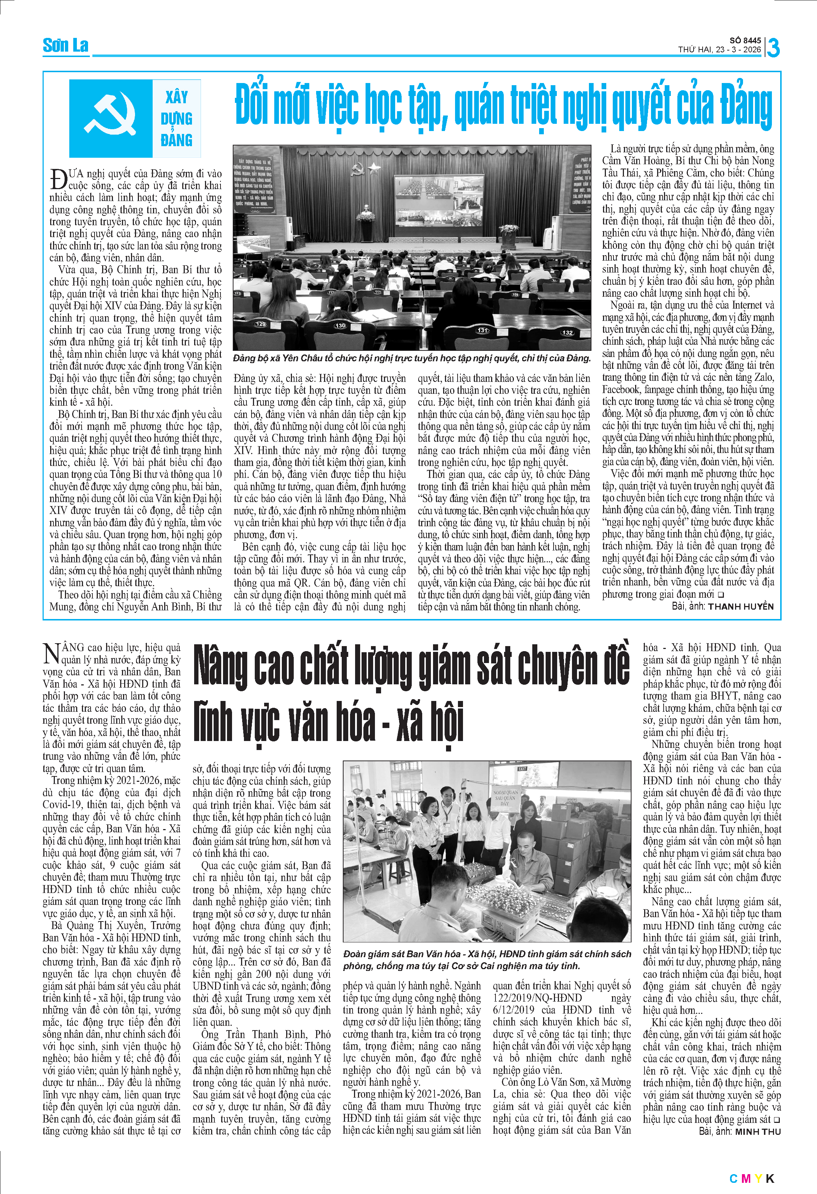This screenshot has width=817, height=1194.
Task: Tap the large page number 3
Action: pyautogui.click(x=773, y=48)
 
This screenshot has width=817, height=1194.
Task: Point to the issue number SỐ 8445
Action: pyautogui.click(x=745, y=40)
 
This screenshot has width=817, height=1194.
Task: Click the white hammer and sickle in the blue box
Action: pyautogui.click(x=110, y=117)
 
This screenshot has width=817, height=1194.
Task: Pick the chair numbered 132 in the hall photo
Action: pyautogui.click(x=567, y=332)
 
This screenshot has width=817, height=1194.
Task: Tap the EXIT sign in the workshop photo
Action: pyautogui.click(x=522, y=769)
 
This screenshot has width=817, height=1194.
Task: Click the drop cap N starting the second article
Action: pyautogui.click(x=51, y=654)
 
